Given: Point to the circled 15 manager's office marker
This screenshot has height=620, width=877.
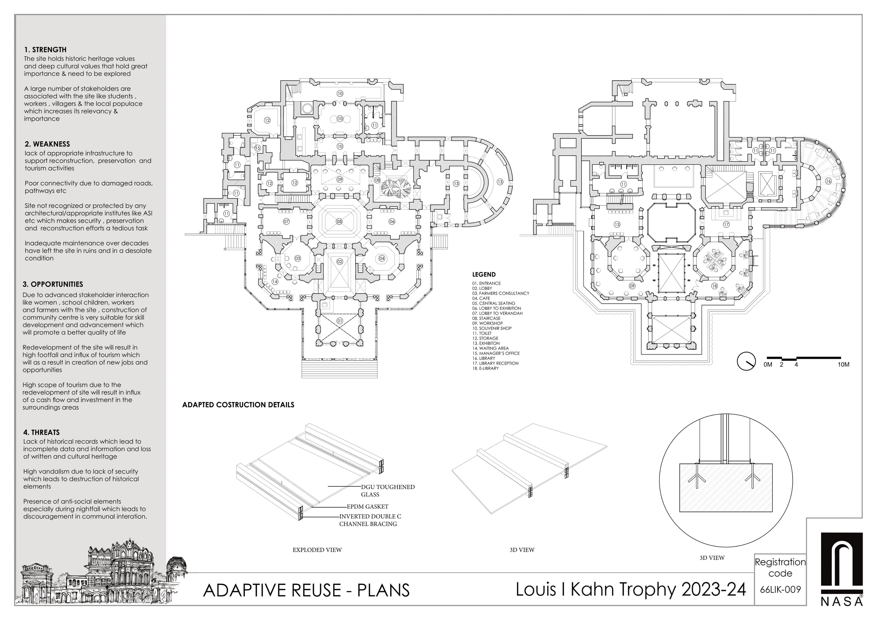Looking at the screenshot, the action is pyautogui.click(x=257, y=148).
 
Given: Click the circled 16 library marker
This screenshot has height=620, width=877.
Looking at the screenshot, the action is pyautogui.click(x=828, y=181).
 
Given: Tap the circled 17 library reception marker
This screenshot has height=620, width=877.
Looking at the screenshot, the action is pyautogui.click(x=726, y=225).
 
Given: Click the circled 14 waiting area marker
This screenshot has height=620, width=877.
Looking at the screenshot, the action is pyautogui.click(x=275, y=282).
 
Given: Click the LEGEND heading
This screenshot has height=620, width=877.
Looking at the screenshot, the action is pyautogui.click(x=484, y=274).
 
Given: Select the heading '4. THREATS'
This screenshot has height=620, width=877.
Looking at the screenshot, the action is pyautogui.click(x=41, y=432).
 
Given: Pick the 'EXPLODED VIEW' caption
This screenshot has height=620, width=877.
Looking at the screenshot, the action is pyautogui.click(x=317, y=550).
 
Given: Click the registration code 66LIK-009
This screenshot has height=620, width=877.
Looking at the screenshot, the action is pyautogui.click(x=780, y=589).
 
